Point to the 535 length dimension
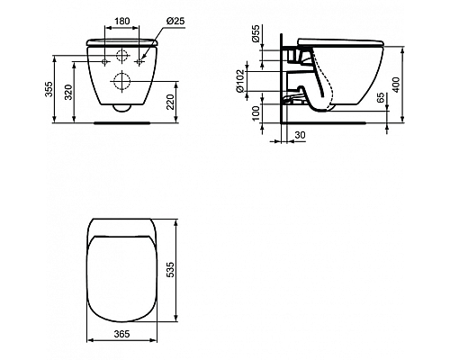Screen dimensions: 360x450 pos(182,267)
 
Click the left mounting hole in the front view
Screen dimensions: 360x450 pos(105,61)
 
